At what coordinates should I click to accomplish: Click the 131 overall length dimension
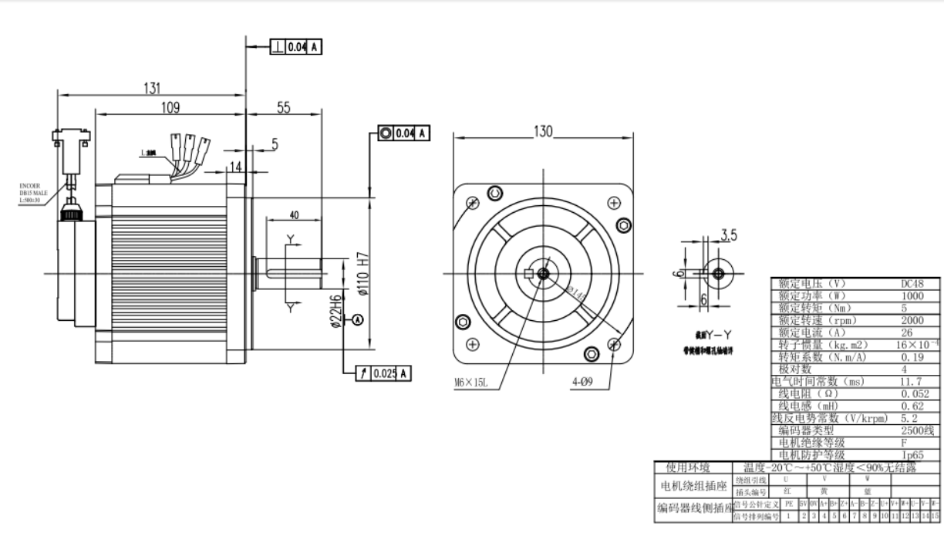click(x=151, y=88)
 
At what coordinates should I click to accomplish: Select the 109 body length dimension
click(x=170, y=107)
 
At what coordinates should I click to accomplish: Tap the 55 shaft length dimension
click(x=283, y=108)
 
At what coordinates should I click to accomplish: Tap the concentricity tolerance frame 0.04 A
click(x=403, y=133)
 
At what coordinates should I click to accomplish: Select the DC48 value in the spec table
click(x=912, y=283)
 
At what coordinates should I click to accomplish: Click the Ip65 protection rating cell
click(x=912, y=456)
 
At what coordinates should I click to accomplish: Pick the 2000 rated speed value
click(x=912, y=320)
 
